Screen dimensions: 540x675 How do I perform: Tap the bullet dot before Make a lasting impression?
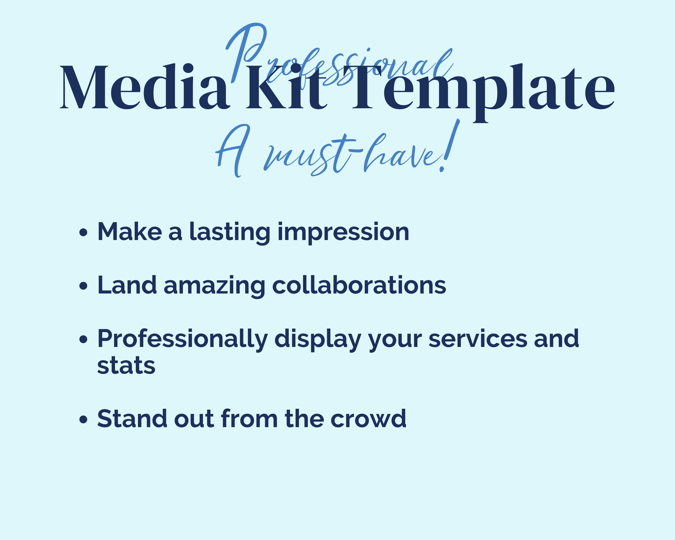pos(83,232)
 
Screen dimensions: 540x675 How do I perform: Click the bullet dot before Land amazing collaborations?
pos(83,286)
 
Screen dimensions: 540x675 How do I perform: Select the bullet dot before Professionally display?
pos(83,339)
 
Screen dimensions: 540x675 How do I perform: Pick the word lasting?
pos(230,232)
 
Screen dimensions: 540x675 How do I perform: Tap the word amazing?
pos(214,285)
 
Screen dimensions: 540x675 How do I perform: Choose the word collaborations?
pos(359,285)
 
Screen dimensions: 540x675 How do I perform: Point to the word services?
pos(478,339)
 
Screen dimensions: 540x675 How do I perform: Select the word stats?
pos(126,366)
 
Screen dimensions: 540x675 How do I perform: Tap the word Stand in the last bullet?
pos(132,418)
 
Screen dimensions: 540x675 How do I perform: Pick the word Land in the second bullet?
pos(127,285)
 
